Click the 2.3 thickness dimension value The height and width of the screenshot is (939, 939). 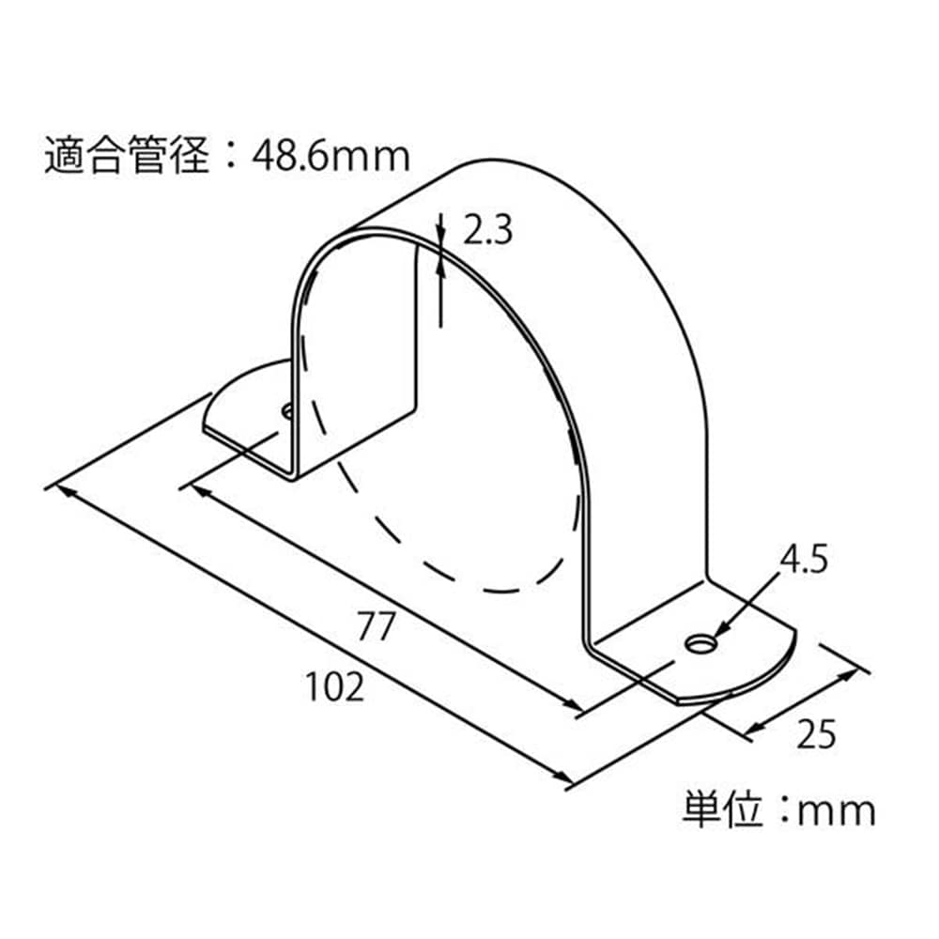click(x=488, y=231)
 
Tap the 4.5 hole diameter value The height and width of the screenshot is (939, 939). click(x=804, y=560)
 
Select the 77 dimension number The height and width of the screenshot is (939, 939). click(x=377, y=626)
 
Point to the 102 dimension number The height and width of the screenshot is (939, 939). click(x=335, y=687)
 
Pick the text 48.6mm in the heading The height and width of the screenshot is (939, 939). click(x=331, y=156)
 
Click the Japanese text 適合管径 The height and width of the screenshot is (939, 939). click(x=127, y=156)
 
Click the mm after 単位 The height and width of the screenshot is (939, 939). click(x=837, y=812)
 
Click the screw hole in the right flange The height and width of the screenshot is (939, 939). click(x=700, y=644)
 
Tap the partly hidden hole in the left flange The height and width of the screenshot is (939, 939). click(x=287, y=411)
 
